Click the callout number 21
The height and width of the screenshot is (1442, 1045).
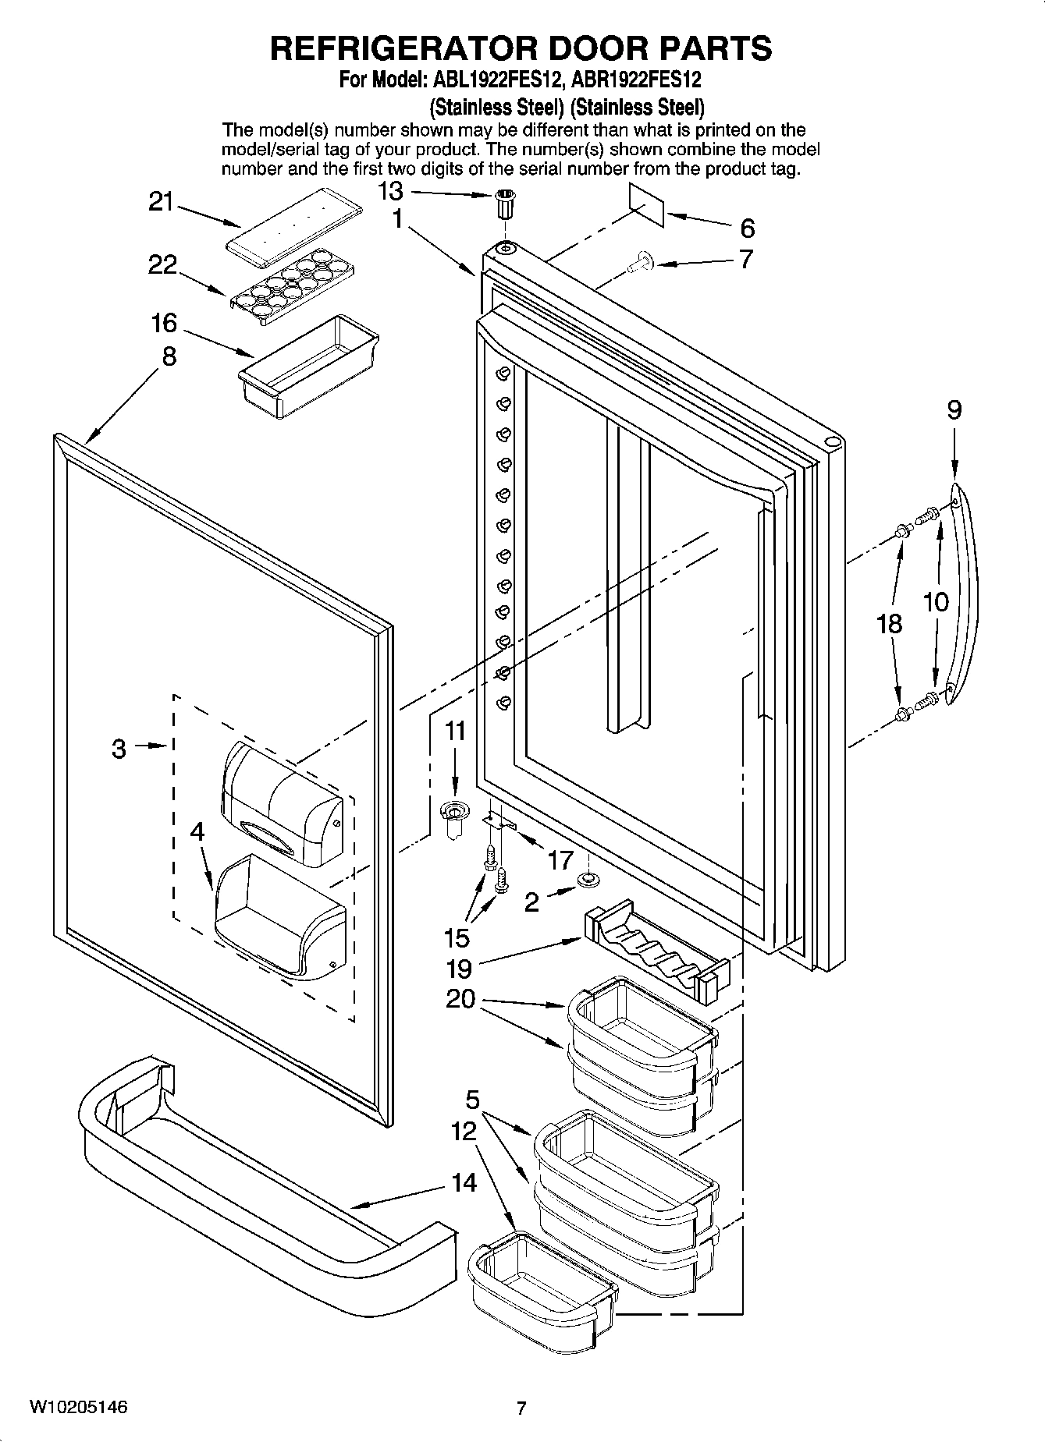pyautogui.click(x=161, y=202)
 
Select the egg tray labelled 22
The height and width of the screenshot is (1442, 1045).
pyautogui.click(x=293, y=282)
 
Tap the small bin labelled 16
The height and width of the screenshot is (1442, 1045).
pyautogui.click(x=308, y=360)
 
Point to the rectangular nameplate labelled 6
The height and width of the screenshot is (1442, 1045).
pyautogui.click(x=647, y=205)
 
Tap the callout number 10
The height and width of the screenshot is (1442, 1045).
pyautogui.click(x=935, y=601)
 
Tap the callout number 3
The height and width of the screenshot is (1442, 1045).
pyautogui.click(x=119, y=749)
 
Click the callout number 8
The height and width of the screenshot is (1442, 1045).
pyautogui.click(x=169, y=356)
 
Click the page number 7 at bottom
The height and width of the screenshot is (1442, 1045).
pyautogui.click(x=521, y=1408)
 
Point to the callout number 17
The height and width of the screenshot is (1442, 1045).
pyautogui.click(x=560, y=859)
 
